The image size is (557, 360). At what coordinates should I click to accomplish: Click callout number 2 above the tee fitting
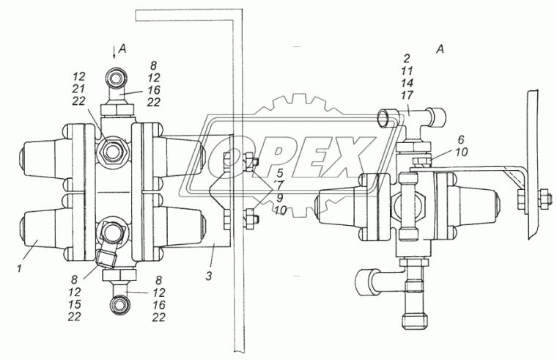406,57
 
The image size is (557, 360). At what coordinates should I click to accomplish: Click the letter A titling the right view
440,50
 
